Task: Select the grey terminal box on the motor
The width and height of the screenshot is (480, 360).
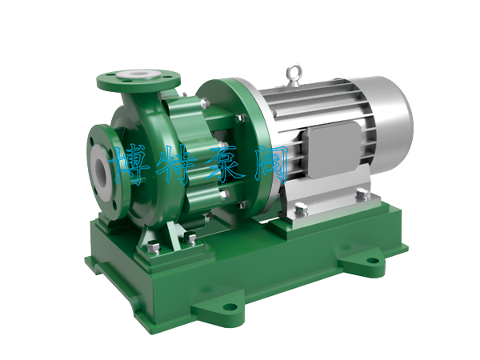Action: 334,149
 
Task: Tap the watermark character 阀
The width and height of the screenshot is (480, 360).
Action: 271,164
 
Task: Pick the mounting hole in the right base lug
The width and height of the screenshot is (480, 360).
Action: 372,261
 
